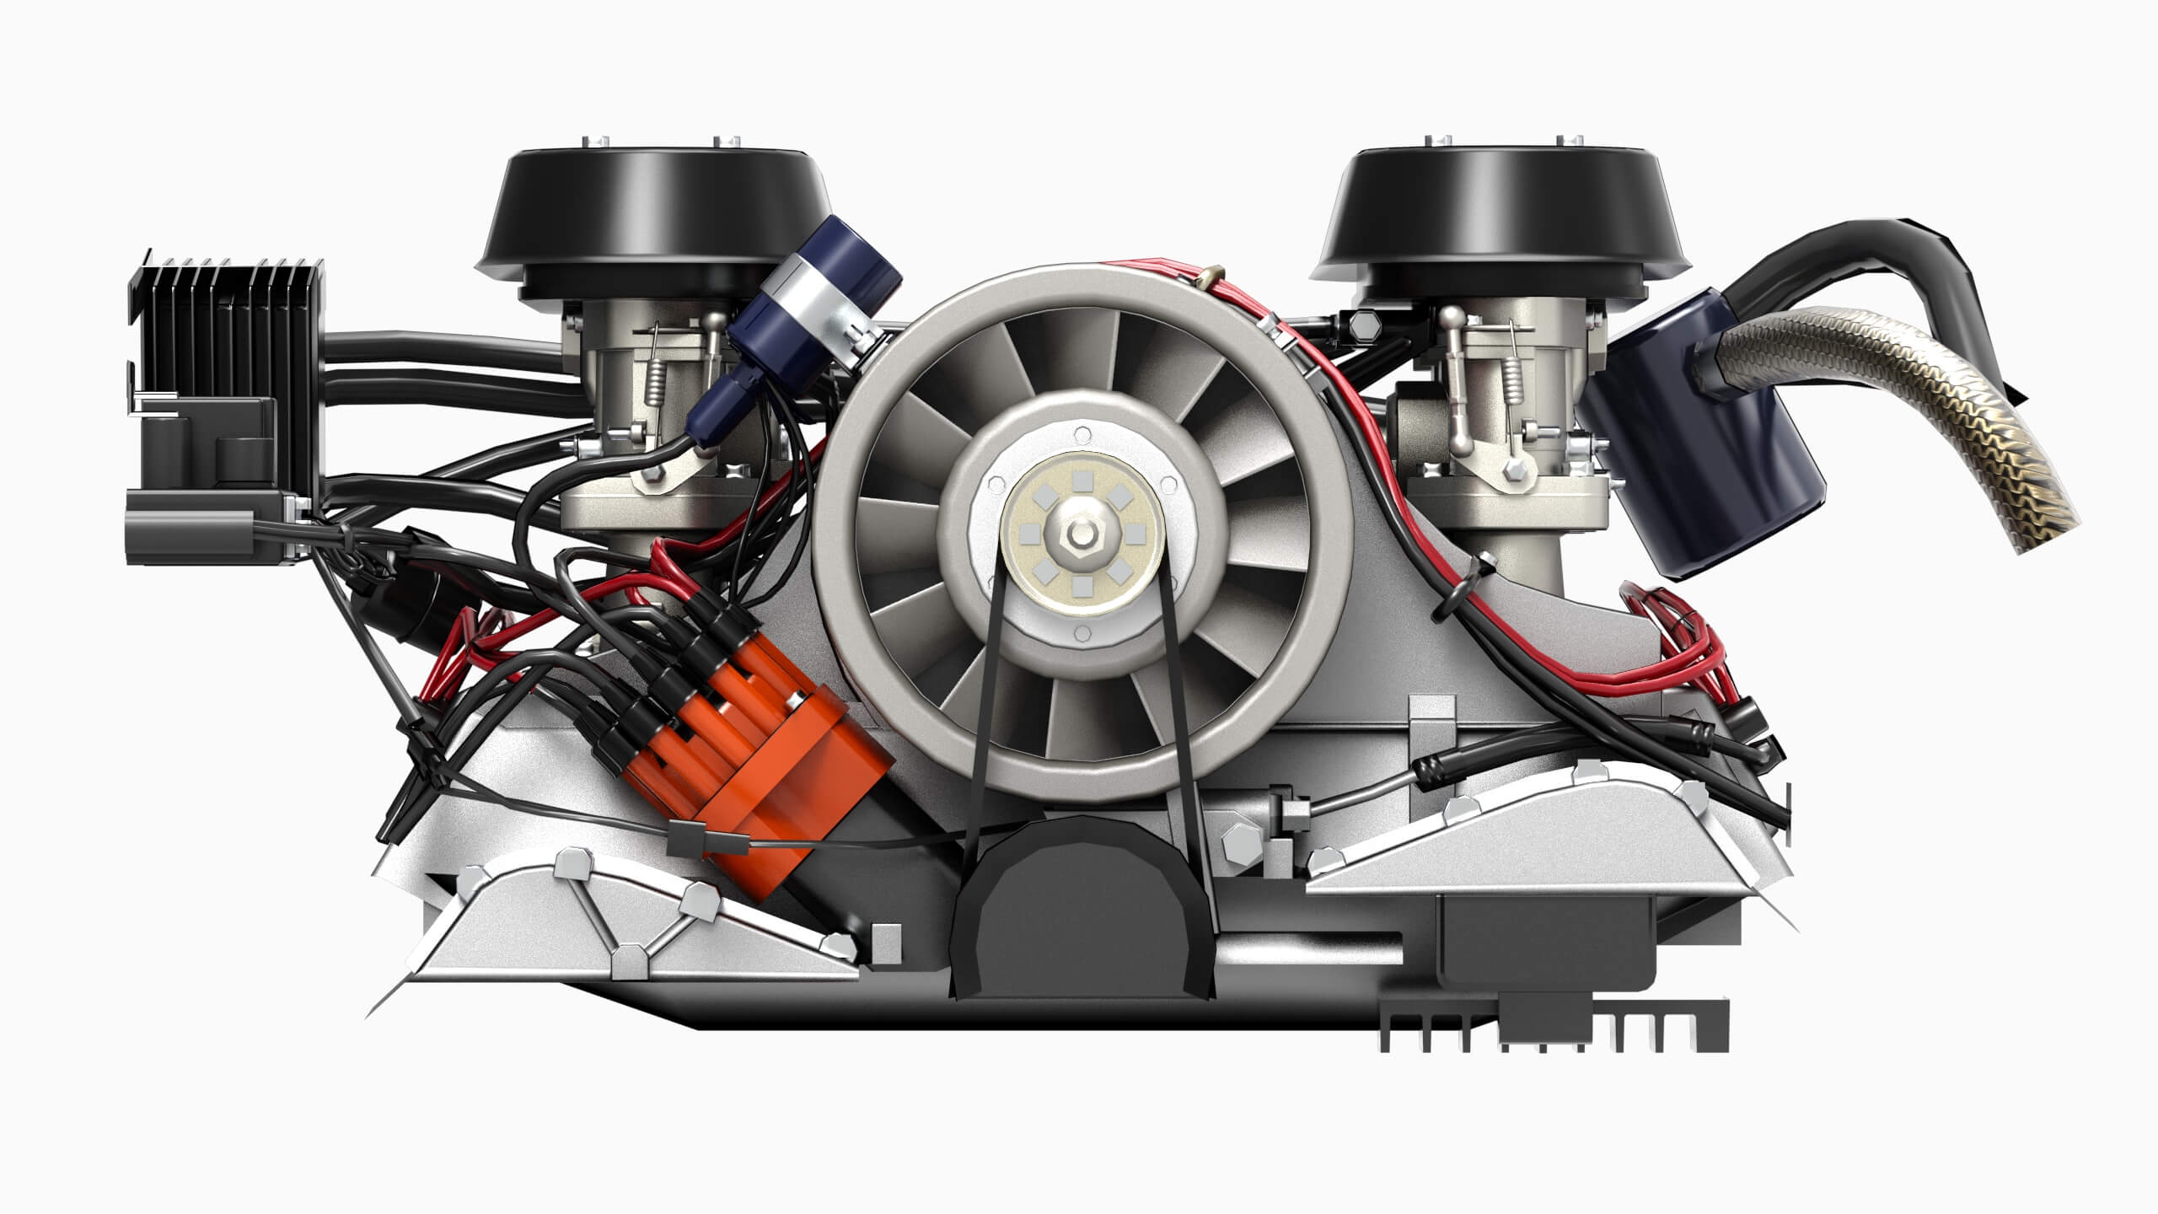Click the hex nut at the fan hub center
click(x=1078, y=537)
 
